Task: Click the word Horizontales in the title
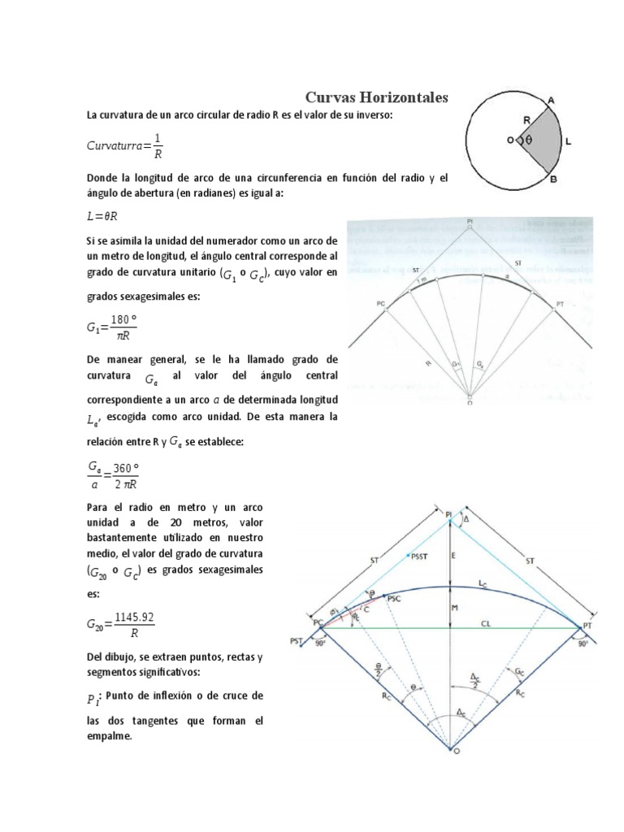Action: tap(404, 97)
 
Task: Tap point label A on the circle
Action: tap(550, 99)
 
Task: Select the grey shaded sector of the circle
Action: tap(543, 139)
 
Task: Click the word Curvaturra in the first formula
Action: tap(115, 145)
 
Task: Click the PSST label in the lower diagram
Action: tap(422, 556)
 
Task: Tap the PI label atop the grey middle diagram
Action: tap(470, 220)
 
